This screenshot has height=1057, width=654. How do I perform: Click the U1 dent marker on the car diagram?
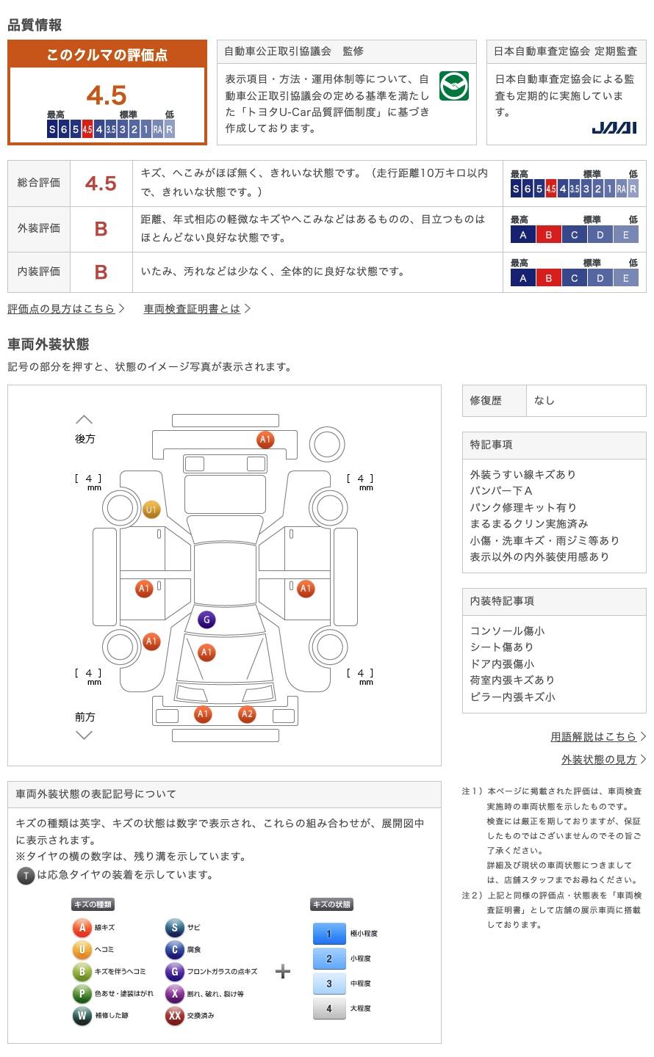click(151, 509)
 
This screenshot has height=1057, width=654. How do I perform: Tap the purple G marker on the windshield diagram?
click(206, 620)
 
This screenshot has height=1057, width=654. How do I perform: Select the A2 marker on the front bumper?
click(247, 714)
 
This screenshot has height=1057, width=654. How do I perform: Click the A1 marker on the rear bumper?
click(265, 440)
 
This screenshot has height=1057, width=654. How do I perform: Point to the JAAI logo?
click(614, 128)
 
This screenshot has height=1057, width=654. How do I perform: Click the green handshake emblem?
click(453, 87)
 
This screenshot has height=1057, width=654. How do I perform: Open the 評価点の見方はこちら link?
click(62, 309)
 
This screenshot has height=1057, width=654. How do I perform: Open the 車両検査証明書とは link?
click(193, 309)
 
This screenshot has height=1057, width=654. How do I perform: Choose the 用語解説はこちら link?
click(594, 736)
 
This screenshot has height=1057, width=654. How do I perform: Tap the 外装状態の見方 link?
click(599, 760)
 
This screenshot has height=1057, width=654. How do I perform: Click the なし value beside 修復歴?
click(545, 401)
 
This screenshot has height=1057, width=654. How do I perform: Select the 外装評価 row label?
click(39, 228)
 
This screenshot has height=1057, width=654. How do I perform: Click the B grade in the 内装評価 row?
click(101, 272)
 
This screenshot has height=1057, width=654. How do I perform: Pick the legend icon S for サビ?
click(174, 928)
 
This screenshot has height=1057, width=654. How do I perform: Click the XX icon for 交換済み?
click(174, 1016)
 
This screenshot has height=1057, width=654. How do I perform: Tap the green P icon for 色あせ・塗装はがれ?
click(82, 994)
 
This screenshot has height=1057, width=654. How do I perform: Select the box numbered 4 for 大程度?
click(329, 1009)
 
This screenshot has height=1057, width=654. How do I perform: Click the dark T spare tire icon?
click(26, 875)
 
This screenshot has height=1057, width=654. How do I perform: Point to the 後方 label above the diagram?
click(85, 439)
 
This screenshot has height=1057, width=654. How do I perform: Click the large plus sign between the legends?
click(283, 972)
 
